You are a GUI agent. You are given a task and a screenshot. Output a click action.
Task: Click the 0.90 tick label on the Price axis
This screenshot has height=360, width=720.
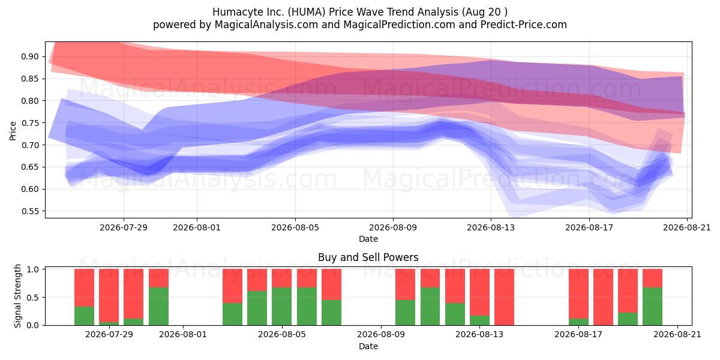(29, 56)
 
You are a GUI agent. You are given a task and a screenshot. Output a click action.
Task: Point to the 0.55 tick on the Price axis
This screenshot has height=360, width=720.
(29, 211)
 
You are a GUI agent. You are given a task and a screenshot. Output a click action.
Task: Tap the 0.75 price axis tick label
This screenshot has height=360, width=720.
(29, 123)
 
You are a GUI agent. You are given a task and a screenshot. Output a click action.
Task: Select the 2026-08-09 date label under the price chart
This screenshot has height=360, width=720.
(393, 227)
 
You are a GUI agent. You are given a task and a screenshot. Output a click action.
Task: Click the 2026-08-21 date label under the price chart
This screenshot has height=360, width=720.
(687, 227)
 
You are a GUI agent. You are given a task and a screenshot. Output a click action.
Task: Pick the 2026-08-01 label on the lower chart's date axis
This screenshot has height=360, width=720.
(183, 334)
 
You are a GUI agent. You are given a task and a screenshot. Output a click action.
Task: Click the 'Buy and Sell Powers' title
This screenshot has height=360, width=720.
(368, 257)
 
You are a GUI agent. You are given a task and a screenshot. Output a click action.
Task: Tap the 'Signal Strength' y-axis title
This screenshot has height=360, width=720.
(17, 296)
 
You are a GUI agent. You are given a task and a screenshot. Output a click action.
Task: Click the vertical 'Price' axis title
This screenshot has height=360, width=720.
(13, 131)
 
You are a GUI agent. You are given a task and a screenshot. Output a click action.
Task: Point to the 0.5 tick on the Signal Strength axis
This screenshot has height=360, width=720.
(33, 298)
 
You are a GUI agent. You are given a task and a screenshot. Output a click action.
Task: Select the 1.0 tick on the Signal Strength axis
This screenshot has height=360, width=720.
(33, 269)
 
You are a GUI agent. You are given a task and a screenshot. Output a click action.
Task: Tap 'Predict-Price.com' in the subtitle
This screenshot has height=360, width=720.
(524, 25)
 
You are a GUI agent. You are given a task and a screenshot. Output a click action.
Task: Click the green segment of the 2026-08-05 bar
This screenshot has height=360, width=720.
(281, 306)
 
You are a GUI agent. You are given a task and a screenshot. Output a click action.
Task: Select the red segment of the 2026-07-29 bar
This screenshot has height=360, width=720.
(109, 295)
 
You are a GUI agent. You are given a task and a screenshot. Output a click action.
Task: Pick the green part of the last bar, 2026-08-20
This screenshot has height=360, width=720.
(653, 306)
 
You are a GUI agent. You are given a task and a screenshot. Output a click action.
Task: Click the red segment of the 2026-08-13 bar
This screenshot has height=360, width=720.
(479, 292)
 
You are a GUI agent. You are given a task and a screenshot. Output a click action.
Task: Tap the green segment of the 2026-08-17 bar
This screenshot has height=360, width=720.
(578, 322)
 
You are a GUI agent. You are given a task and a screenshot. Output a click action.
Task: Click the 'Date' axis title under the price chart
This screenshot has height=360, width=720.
(368, 239)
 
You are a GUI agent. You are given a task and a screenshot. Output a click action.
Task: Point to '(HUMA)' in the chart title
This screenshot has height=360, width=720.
(306, 12)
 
